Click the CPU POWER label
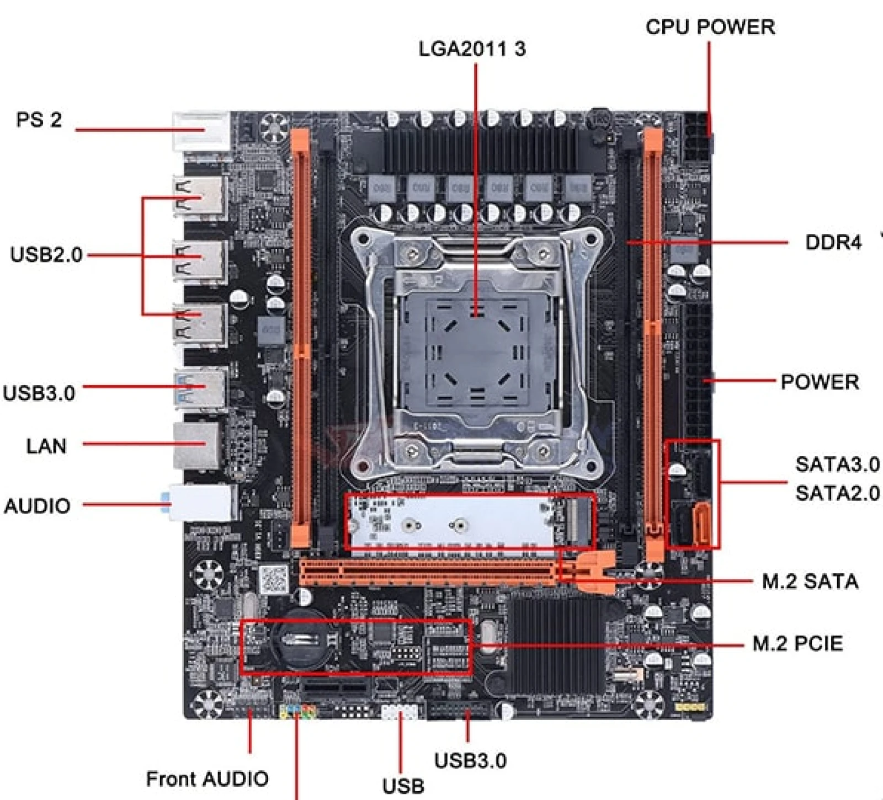pos(710,26)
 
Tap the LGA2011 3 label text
pos(472,49)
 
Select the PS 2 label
pos(39,120)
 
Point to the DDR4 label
pos(833,242)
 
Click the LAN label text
pos(46,446)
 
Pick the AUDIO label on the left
pos(37,506)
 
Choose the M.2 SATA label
pos(810,582)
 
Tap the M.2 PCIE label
pos(797,643)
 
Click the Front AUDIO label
pos(208,778)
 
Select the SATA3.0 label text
pos(837,464)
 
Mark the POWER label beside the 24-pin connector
pos(820,382)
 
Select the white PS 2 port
pos(201,131)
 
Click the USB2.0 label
pos(46,255)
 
